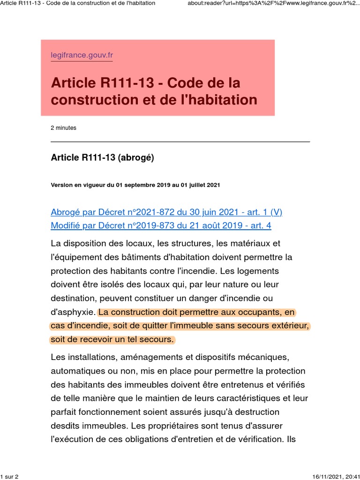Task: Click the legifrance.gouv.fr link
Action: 82,55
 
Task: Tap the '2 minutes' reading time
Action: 63,127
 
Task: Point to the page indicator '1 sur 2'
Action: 9,476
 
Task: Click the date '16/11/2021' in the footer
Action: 326,476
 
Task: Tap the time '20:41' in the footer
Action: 351,476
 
